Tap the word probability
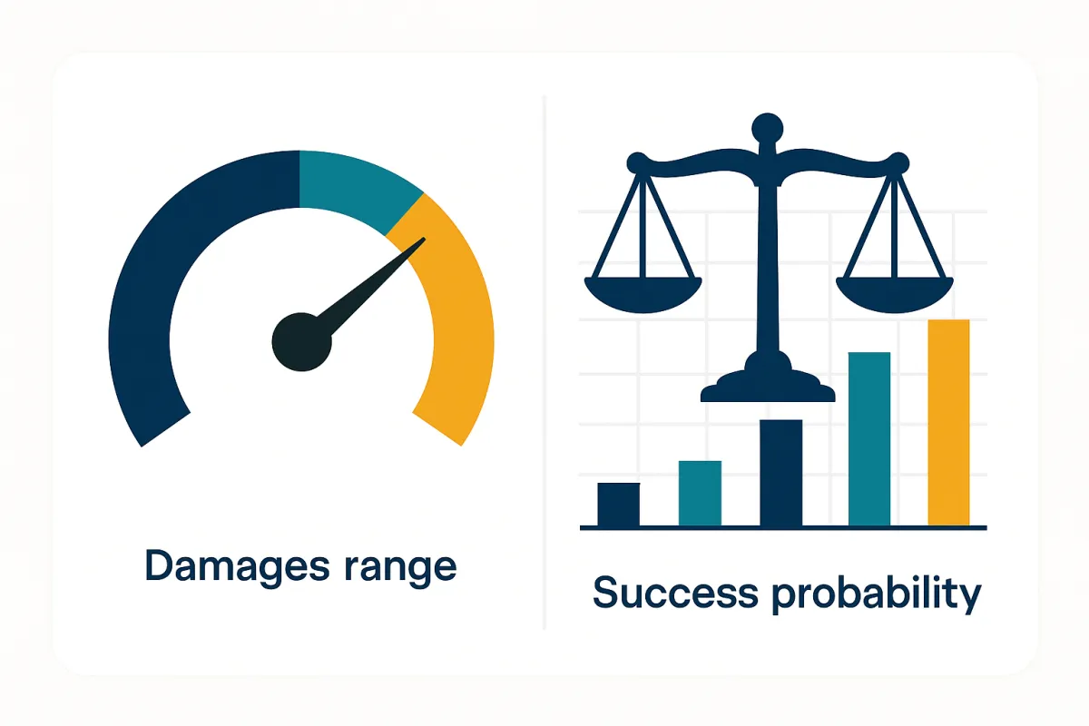pos(877,595)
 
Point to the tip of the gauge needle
pos(422,240)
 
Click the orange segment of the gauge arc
pos(458,327)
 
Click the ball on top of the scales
pos(768,126)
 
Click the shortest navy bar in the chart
pos(618,505)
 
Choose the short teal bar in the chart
pos(700,494)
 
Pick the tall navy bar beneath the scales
pos(780,473)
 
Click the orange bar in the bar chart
pos(948,423)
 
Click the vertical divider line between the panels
pos(544,363)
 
